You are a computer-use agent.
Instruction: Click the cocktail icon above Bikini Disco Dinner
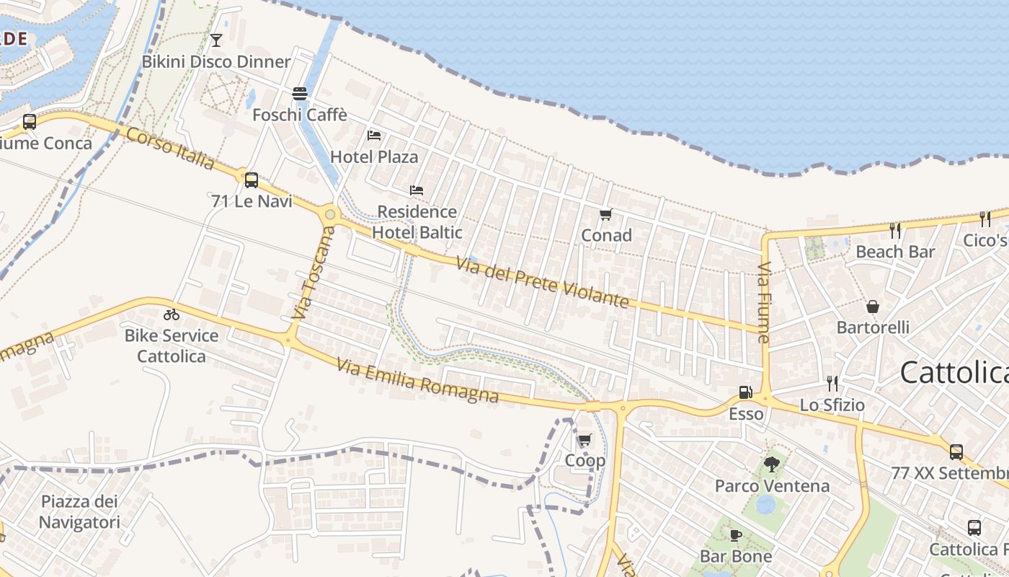point(216,40)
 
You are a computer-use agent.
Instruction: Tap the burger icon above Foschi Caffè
point(300,93)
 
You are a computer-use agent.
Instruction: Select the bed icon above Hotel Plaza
point(374,135)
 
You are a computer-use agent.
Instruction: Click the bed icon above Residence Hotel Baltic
point(417,190)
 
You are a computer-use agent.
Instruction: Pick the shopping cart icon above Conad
point(606,214)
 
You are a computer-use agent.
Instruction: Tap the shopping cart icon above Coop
point(584,439)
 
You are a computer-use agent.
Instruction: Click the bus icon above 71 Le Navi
point(252,180)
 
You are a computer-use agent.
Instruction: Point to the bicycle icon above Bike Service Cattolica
point(172,314)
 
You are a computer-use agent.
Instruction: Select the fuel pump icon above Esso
point(745,393)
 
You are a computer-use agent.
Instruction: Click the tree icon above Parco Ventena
point(772,464)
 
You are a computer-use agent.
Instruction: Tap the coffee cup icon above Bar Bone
point(735,535)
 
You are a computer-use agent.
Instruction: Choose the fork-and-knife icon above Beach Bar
point(895,230)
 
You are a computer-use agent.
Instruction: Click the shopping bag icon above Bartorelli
point(873,307)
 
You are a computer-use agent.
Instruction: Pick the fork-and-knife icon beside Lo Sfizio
point(832,383)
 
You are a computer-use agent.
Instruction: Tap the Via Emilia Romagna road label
point(418,382)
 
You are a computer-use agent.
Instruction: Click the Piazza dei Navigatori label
point(79,512)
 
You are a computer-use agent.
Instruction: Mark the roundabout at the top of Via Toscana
point(331,213)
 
